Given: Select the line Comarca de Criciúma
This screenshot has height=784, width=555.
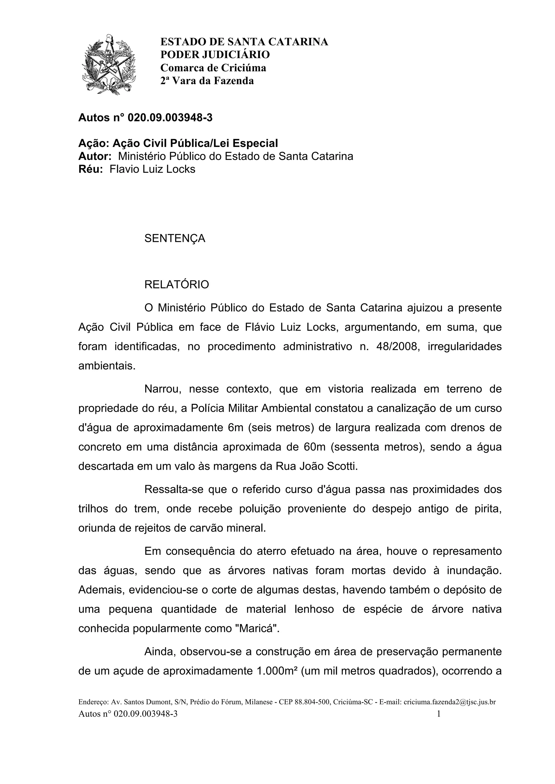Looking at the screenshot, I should [213, 68].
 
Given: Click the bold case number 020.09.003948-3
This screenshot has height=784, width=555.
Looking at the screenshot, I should [170, 118].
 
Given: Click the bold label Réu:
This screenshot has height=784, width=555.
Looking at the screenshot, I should [90, 169].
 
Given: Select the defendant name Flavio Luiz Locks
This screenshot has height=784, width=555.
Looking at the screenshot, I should [152, 169].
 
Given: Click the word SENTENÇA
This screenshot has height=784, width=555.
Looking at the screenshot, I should [175, 238].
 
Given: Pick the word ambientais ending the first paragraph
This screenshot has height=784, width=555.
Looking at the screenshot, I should [107, 366].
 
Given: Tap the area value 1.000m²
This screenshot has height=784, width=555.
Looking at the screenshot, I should [277, 671].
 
